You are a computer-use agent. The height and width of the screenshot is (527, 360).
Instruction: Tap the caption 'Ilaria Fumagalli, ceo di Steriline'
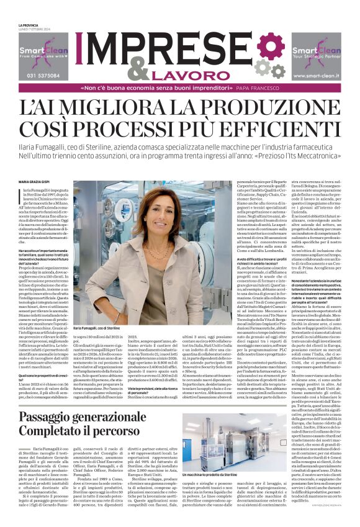coord(96,327)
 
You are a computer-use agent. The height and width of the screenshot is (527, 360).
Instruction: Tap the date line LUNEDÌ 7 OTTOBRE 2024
coord(34,29)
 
